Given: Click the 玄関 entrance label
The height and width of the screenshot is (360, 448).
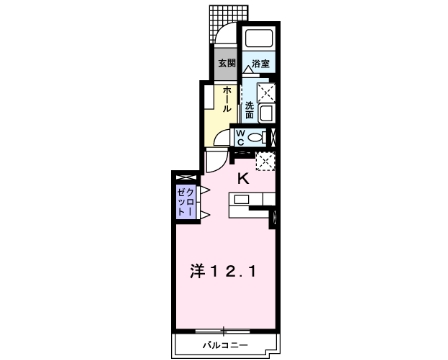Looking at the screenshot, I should click(228, 64).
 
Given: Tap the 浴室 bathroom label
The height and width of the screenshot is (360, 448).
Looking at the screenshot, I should click(259, 64).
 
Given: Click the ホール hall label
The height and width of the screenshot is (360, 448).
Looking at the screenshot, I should click(228, 98).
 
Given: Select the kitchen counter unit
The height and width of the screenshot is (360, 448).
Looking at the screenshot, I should click(254, 201).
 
